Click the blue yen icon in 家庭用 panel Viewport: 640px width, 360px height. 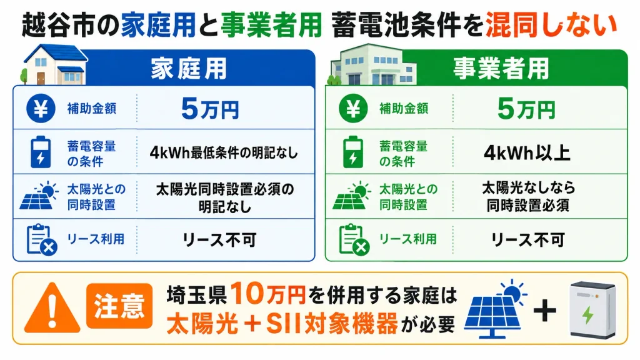click(41, 109)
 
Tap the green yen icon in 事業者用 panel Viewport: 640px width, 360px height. click(354, 109)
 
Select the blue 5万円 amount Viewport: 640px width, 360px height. click(210, 109)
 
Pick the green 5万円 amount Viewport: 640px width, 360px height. click(526, 109)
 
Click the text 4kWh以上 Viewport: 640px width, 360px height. click(527, 152)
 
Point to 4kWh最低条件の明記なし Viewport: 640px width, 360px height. click(224, 152)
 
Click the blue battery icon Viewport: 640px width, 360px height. click(41, 152)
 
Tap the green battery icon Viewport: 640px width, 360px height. click(353, 152)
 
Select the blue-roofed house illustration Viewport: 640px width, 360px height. click(54, 64)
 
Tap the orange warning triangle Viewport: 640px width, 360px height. click(52, 307)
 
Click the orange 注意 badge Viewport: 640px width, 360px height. click(119, 306)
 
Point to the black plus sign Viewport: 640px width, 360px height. click(545, 311)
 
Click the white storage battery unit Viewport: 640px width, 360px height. click(592, 310)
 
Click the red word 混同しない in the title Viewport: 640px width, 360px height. click(551, 25)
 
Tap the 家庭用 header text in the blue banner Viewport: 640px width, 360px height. click(189, 68)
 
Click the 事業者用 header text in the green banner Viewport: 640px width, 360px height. click(501, 68)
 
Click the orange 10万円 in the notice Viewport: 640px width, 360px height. click(268, 294)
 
